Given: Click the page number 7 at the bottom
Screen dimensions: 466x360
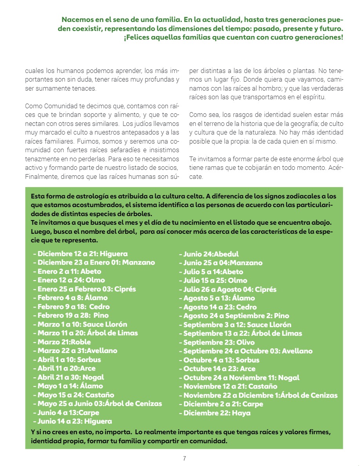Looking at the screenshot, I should pos(184,458).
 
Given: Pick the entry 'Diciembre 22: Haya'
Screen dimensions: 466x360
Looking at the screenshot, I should pos(217,413).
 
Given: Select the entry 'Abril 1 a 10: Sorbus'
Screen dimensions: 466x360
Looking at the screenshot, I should pos(69,359).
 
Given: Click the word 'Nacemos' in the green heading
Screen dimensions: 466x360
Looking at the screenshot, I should pos(77,20).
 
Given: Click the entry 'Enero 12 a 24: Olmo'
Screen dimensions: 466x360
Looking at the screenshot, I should pos(66,280).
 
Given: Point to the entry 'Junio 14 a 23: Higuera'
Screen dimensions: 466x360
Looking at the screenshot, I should pos(75,421).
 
